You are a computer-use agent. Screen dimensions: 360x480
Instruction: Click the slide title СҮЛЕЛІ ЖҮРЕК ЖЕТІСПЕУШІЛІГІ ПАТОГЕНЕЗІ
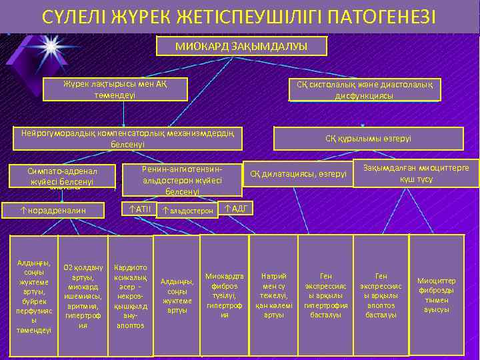239,15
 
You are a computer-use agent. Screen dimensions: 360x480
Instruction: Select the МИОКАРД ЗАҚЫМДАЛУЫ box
241,46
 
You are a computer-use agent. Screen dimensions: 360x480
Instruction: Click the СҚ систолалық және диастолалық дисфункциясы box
364,90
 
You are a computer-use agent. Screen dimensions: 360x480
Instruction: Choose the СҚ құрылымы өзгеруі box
368,139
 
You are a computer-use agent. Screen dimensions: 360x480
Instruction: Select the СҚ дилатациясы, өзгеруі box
298,175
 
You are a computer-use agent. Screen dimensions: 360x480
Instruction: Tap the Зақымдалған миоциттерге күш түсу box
416,173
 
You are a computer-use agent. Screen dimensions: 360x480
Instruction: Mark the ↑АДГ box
237,209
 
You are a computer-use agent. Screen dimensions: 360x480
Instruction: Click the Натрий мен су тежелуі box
274,294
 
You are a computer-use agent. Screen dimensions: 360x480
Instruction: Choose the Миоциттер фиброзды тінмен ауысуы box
437,294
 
